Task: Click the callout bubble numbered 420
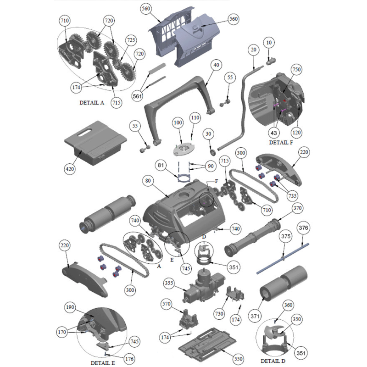(x=70, y=169)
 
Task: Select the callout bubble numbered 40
(x=216, y=65)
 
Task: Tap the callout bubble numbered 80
(x=148, y=180)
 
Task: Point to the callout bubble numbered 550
(x=238, y=359)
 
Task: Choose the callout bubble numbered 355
(x=169, y=283)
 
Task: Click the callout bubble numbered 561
(x=137, y=96)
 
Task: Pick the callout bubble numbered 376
(x=304, y=228)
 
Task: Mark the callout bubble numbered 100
(x=178, y=122)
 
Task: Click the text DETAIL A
(x=92, y=102)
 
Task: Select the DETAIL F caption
(x=281, y=142)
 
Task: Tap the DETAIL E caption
(x=103, y=363)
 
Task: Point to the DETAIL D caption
(x=273, y=361)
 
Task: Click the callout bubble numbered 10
(x=269, y=42)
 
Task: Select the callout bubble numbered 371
(x=255, y=317)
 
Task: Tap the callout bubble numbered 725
(x=131, y=40)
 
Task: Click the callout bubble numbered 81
(x=161, y=165)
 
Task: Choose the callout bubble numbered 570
(x=166, y=304)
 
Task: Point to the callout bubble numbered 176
(x=129, y=359)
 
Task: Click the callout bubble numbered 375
(x=285, y=236)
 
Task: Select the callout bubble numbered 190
(x=70, y=307)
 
